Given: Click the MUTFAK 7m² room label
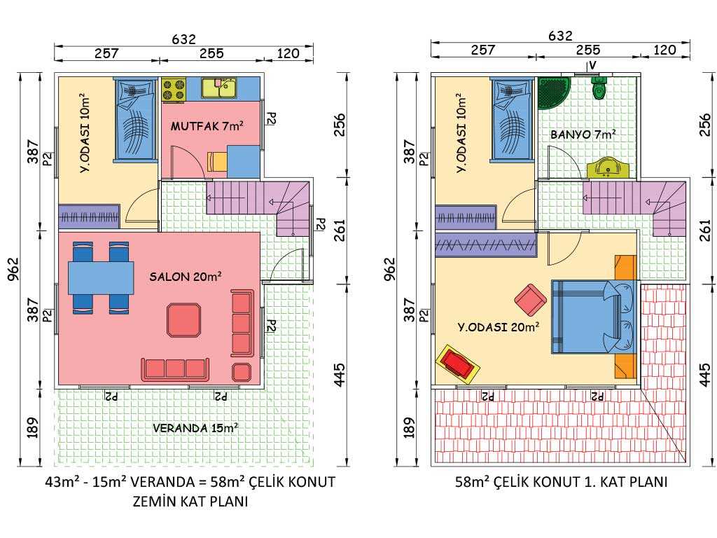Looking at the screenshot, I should (207, 127).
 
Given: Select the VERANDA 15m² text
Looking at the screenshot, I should (194, 428).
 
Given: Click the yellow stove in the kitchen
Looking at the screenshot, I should (174, 89).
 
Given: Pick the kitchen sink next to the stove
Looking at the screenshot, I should (219, 88).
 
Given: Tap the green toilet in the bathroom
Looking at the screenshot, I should (599, 89).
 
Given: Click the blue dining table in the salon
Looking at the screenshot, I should (101, 277).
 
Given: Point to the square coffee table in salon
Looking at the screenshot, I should (183, 319).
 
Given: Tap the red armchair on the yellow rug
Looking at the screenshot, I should (458, 364).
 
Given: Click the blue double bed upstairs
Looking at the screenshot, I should (592, 317).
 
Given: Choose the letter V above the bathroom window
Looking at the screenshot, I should (592, 65).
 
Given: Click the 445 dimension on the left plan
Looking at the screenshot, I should (340, 374).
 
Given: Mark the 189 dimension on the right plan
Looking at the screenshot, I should (410, 425).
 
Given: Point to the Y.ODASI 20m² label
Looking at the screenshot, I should (498, 326).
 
